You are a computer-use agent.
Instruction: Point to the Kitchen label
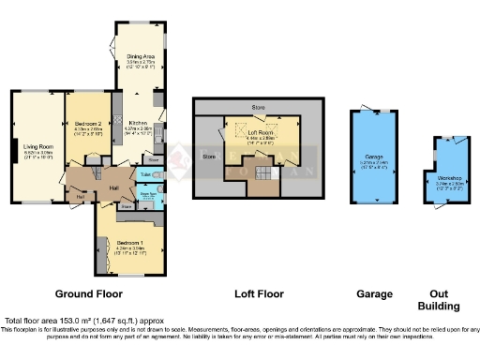[138, 124]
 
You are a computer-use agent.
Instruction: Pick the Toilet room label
[145, 175]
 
